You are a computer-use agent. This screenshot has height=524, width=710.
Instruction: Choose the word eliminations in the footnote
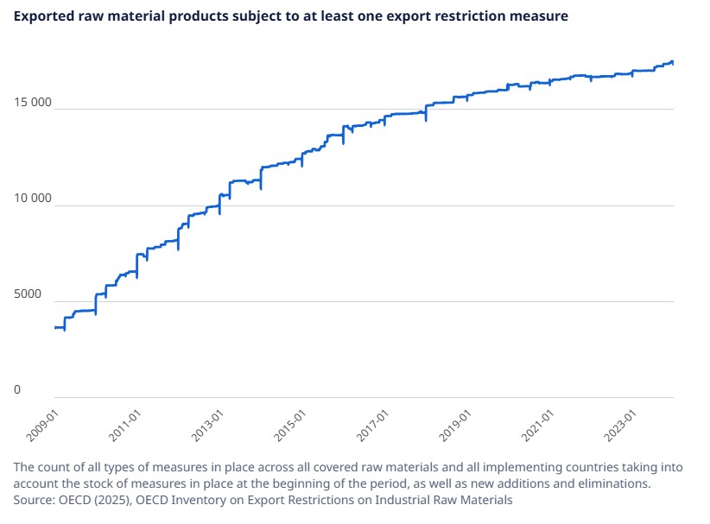[611, 483]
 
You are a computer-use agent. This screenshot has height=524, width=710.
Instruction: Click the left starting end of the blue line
[55, 328]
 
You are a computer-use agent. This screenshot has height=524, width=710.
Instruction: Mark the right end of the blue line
[673, 62]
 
